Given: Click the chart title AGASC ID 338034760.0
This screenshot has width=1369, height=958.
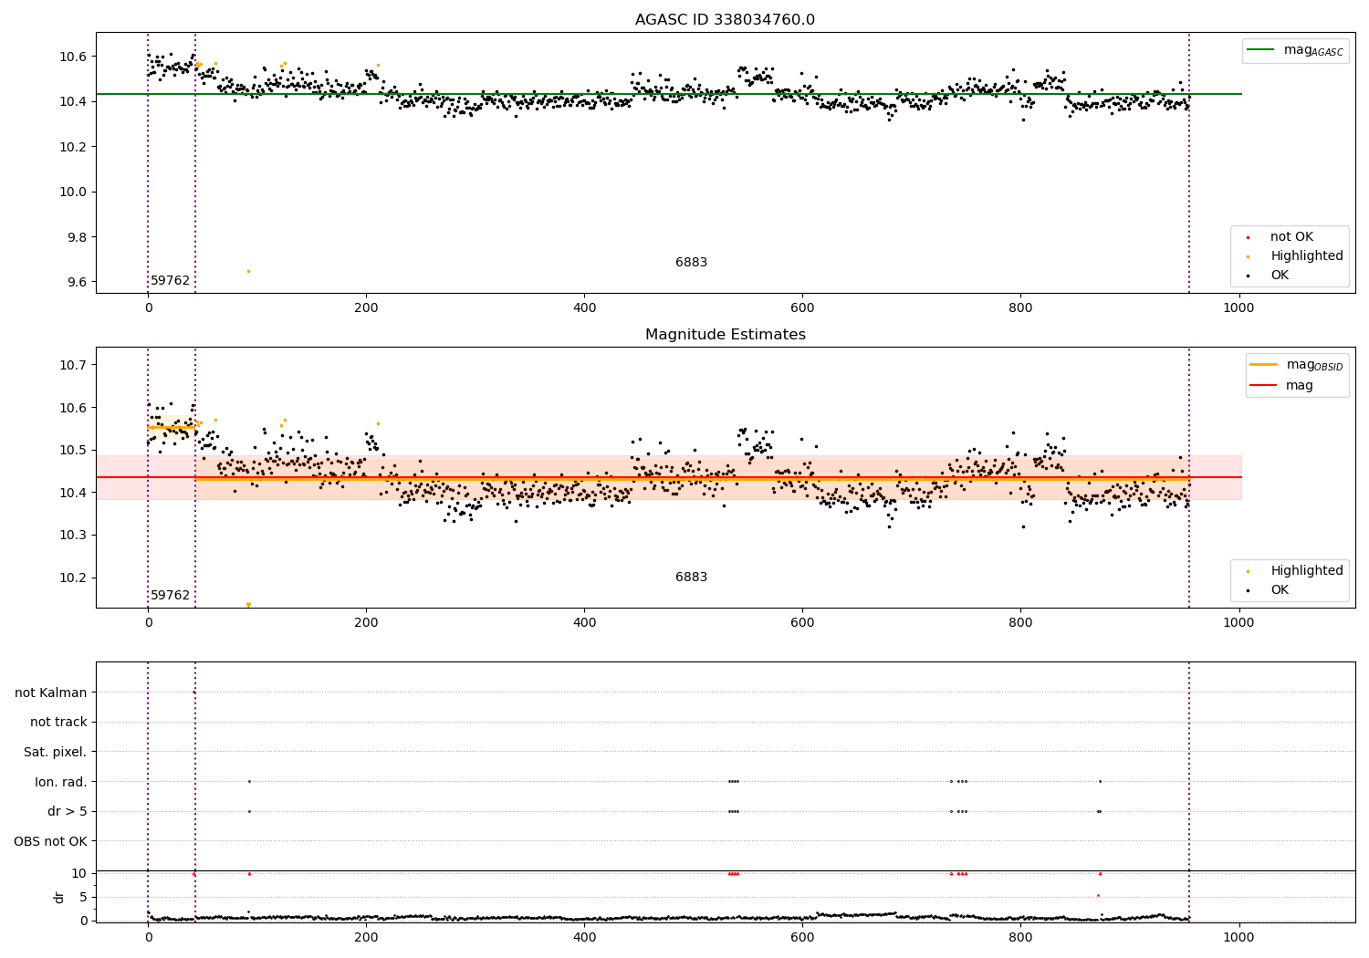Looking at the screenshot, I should pos(725,20).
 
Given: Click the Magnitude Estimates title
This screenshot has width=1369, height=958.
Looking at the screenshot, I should pos(725,335).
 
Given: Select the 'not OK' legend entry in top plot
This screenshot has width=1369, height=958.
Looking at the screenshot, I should pos(1291,237).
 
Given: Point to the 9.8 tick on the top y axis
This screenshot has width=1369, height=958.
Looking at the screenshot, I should pos(73,237).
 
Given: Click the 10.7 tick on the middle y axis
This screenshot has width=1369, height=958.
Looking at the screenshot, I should pos(73,365).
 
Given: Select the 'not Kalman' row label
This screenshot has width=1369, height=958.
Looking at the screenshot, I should pos(51,692).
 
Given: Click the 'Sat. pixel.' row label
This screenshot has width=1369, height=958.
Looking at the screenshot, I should pos(56,752).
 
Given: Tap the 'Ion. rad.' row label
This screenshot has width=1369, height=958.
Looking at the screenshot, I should pos(61,782).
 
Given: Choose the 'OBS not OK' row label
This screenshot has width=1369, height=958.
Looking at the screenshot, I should pos(51,841).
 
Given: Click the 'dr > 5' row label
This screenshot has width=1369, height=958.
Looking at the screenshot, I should pos(68,811).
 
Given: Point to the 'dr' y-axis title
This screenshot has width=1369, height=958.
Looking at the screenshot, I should pos(59,897).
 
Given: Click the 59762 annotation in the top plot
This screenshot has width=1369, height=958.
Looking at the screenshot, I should pos(170,280).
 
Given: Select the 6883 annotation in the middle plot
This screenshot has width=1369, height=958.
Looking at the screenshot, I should pos(691,577).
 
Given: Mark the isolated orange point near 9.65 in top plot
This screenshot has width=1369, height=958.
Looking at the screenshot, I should pos(248,271).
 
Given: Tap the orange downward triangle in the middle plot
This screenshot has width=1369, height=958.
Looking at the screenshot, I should pos(248,605).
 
